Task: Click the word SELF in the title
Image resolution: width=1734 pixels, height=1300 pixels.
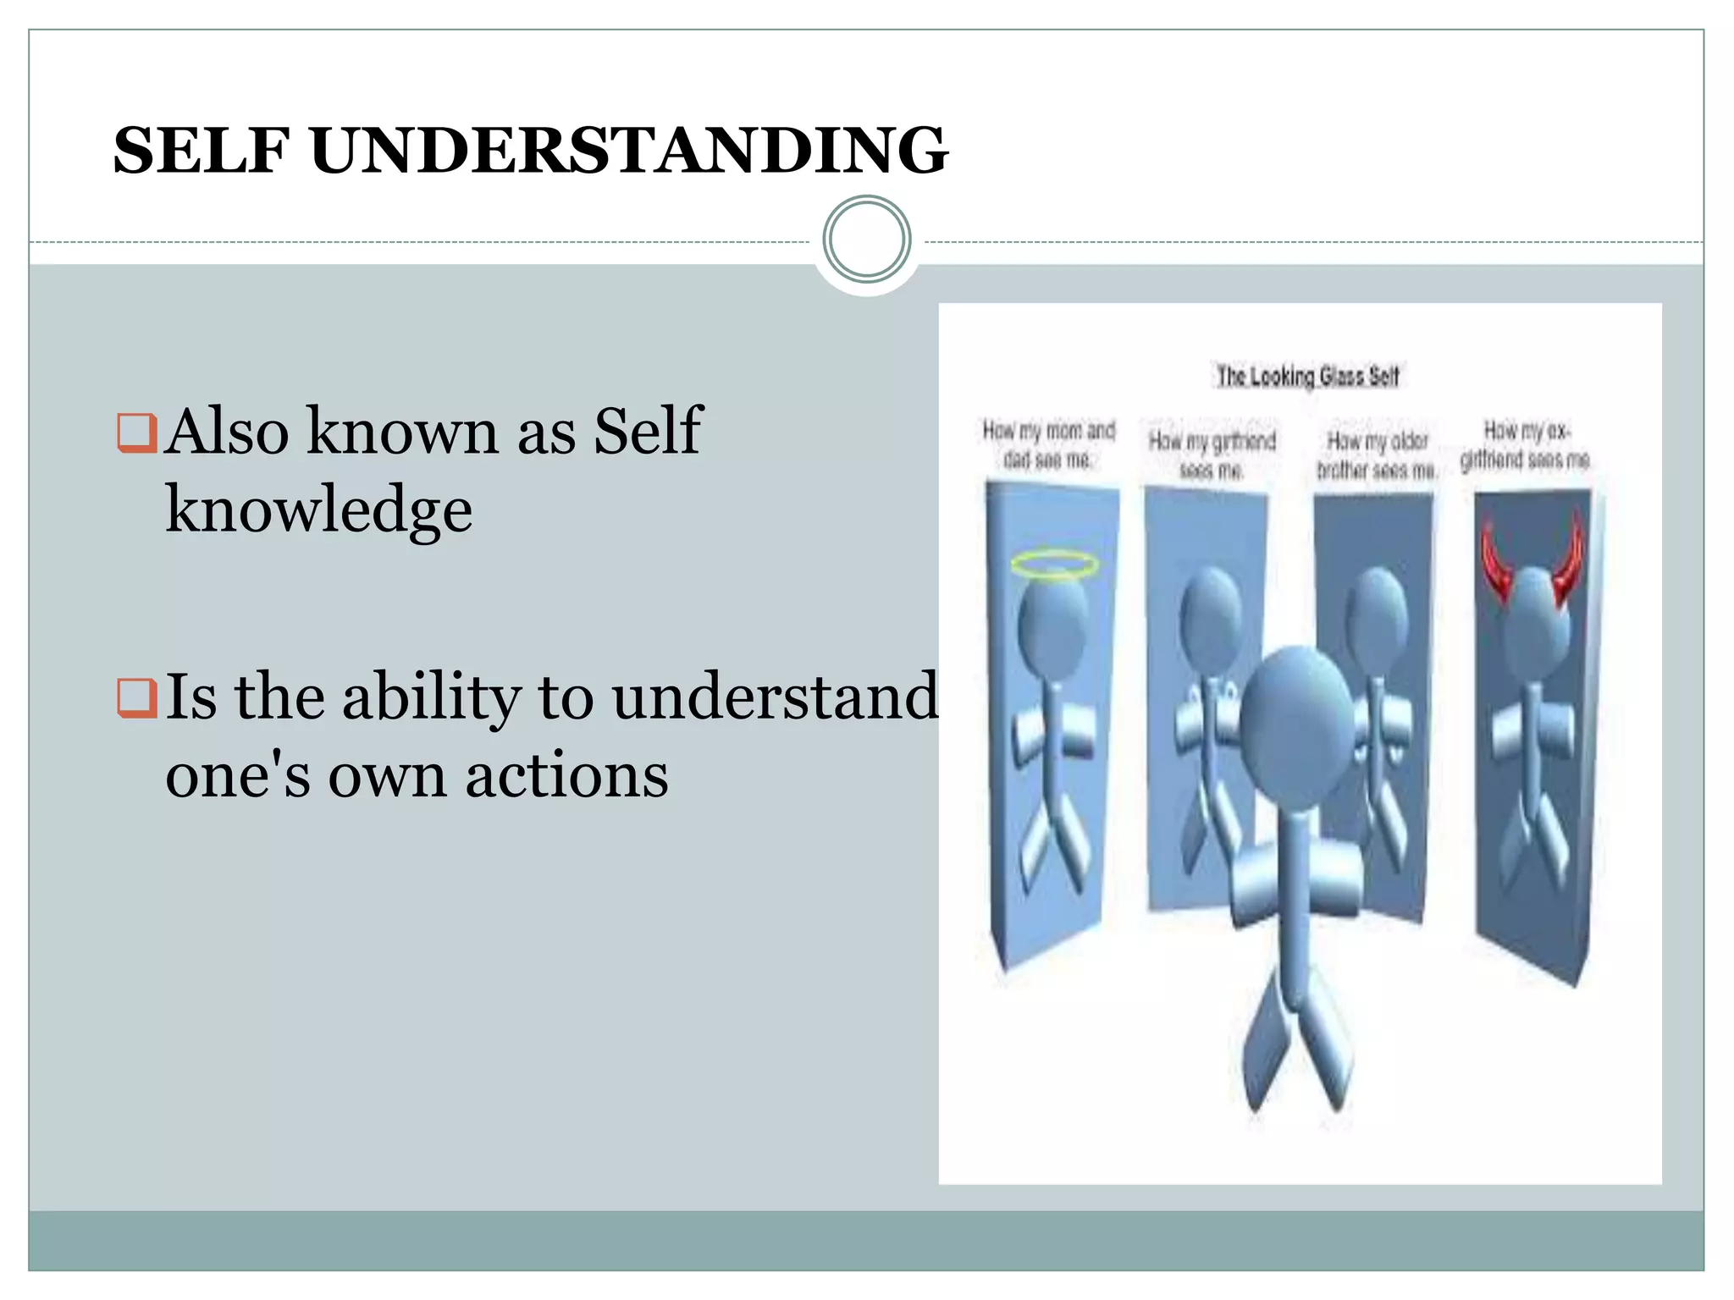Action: click(x=202, y=151)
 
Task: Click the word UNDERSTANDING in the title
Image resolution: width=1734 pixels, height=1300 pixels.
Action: click(x=629, y=151)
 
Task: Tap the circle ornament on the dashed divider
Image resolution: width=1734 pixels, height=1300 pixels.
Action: click(x=866, y=240)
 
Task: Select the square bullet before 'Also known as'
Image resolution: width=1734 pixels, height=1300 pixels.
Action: click(x=136, y=432)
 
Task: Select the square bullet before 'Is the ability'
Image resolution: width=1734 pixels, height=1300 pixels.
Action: click(x=136, y=698)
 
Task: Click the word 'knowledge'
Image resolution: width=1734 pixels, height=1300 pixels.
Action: click(x=318, y=510)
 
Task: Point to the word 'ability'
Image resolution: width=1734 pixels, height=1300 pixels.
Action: click(x=431, y=697)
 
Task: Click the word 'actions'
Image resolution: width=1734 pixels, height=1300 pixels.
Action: click(x=566, y=775)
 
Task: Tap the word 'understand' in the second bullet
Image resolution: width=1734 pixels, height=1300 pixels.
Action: click(x=775, y=697)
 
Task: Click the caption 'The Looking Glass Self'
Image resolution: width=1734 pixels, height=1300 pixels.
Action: click(x=1307, y=376)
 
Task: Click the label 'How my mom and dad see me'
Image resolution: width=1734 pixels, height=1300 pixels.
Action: click(x=1048, y=444)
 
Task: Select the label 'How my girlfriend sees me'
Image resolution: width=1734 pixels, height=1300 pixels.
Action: click(x=1212, y=454)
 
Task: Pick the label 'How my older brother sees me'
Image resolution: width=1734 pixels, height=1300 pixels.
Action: click(x=1377, y=454)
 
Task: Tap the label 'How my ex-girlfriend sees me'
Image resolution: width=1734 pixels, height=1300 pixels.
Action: click(x=1526, y=445)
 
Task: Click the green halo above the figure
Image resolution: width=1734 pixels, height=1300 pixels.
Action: click(x=1054, y=565)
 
